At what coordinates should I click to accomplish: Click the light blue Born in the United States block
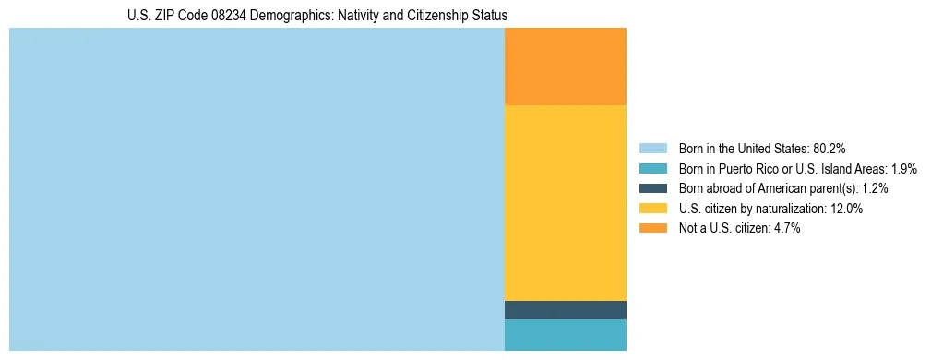tap(257, 189)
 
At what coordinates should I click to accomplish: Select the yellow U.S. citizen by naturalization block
tap(565, 203)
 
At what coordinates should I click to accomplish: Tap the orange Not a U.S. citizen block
tap(565, 66)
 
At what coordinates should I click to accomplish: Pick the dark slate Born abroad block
tap(565, 310)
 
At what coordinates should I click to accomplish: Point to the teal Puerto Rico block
tap(565, 335)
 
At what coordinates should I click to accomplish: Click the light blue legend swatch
tap(652, 149)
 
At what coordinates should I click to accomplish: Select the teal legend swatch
tap(652, 169)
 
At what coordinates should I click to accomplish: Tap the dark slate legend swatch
tap(652, 188)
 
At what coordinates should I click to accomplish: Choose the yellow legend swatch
tap(652, 209)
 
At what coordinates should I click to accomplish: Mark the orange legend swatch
tap(652, 228)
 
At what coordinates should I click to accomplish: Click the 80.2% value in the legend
tap(830, 149)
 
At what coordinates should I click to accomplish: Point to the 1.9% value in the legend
tap(903, 169)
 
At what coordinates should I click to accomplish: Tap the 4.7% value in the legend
tap(786, 228)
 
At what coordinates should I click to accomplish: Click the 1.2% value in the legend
tap(874, 188)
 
